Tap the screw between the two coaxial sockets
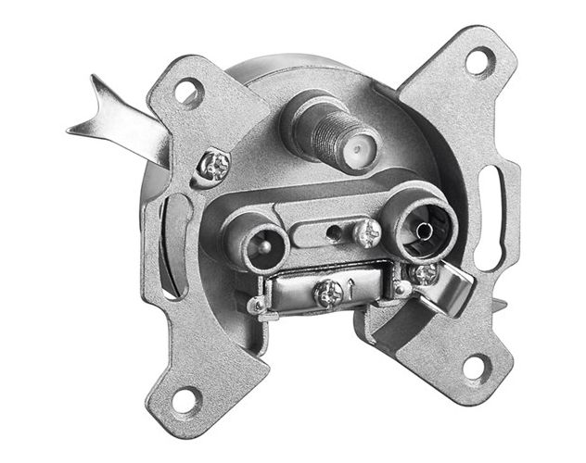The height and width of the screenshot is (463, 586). point(367,231)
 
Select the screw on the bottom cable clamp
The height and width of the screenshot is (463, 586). point(328,294)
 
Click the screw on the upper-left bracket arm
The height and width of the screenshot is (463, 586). point(219,167)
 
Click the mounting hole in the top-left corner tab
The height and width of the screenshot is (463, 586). point(186,93)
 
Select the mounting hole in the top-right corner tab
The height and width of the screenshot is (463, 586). point(477,63)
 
